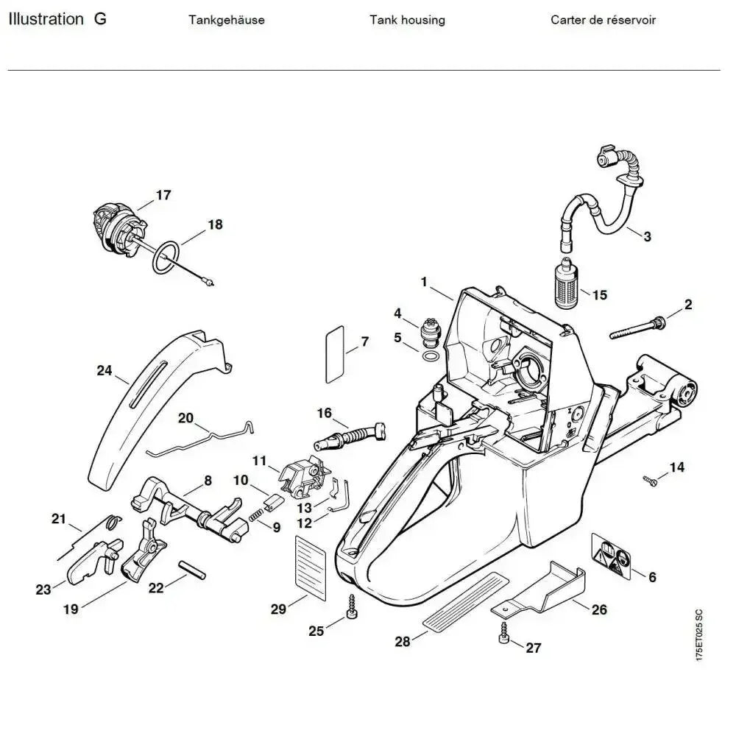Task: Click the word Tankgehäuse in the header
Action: [x=226, y=20]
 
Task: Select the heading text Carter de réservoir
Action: [x=603, y=20]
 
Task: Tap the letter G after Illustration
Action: [x=100, y=19]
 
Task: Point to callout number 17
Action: [x=163, y=195]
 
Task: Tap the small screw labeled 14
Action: [x=650, y=481]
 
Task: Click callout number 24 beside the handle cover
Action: [x=104, y=370]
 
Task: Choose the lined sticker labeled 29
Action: [x=309, y=562]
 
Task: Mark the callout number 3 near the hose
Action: [x=647, y=236]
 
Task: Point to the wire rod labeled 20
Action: [x=199, y=439]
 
